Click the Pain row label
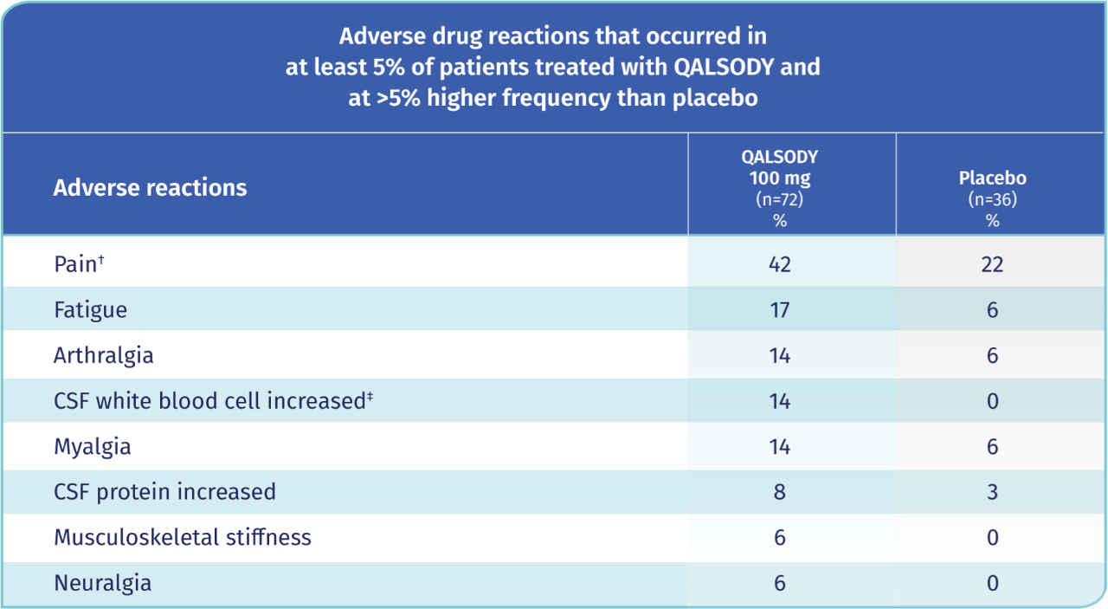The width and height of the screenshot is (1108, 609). pyautogui.click(x=75, y=264)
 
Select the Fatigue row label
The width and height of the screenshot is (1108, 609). pyautogui.click(x=90, y=310)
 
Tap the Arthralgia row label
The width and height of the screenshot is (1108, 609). pyautogui.click(x=104, y=355)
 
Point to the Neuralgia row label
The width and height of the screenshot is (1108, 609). pyautogui.click(x=102, y=583)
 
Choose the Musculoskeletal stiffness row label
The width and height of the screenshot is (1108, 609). pyautogui.click(x=182, y=537)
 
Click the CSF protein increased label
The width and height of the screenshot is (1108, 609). pyautogui.click(x=164, y=492)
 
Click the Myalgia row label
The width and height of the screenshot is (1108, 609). pyautogui.click(x=93, y=447)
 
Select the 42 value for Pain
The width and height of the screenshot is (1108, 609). pyautogui.click(x=779, y=264)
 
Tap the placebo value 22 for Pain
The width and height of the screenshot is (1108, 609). pyautogui.click(x=992, y=264)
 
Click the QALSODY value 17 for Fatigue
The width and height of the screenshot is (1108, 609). pyautogui.click(x=779, y=310)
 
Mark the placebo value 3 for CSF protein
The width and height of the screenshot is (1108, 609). pyautogui.click(x=992, y=492)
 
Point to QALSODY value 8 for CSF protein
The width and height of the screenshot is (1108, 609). pyautogui.click(x=779, y=492)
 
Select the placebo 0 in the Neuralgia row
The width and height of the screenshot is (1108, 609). pyautogui.click(x=992, y=583)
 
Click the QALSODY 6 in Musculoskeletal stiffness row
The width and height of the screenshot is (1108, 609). pyautogui.click(x=779, y=537)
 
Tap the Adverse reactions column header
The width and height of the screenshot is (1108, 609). pyautogui.click(x=150, y=187)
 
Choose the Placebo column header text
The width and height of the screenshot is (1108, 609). pyautogui.click(x=992, y=178)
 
